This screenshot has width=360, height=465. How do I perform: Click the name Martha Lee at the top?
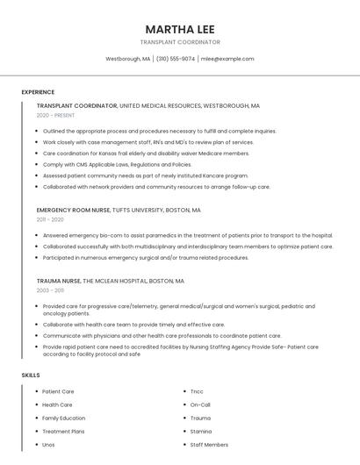[x=180, y=28]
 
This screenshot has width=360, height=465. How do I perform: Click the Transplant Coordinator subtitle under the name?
[x=180, y=42]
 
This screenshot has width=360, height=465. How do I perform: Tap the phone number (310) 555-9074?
[x=176, y=59]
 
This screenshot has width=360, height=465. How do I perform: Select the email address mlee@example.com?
[x=227, y=59]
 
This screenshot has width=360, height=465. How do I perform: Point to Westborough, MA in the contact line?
[x=128, y=59]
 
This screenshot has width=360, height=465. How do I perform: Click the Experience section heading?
[x=38, y=92]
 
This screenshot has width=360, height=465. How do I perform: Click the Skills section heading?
[x=31, y=375]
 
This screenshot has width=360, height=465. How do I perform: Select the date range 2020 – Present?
[x=55, y=115]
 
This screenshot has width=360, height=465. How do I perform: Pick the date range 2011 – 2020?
[x=50, y=219]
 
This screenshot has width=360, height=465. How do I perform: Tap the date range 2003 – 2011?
[x=50, y=290]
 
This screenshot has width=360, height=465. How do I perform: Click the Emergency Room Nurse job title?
[x=74, y=211]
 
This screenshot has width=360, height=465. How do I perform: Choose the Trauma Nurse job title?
[x=58, y=281]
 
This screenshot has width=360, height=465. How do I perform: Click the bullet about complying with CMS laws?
[x=117, y=164]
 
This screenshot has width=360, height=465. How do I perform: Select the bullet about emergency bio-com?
[x=187, y=235]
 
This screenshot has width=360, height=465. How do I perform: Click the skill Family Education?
[x=64, y=418]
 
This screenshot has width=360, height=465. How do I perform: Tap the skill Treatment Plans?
[x=63, y=432]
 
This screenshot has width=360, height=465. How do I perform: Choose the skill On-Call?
[x=200, y=404]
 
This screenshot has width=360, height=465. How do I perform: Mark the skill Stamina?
[x=201, y=432]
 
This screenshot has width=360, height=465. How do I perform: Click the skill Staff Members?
[x=209, y=445]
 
